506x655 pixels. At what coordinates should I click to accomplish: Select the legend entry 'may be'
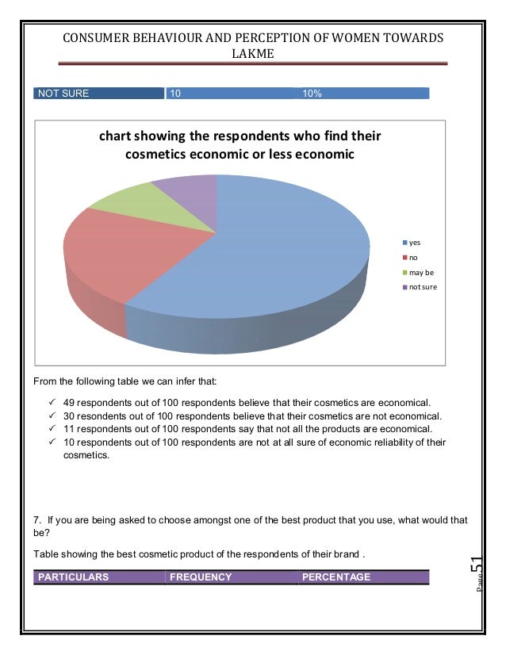coord(416,272)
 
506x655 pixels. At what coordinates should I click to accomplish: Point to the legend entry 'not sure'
coord(418,287)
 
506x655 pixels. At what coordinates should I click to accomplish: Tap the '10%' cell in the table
coord(311,94)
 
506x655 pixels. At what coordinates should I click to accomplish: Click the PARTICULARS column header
coord(72,577)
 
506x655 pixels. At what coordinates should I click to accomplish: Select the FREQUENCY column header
coord(201,577)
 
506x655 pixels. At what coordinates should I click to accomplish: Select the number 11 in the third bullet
coord(68,428)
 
